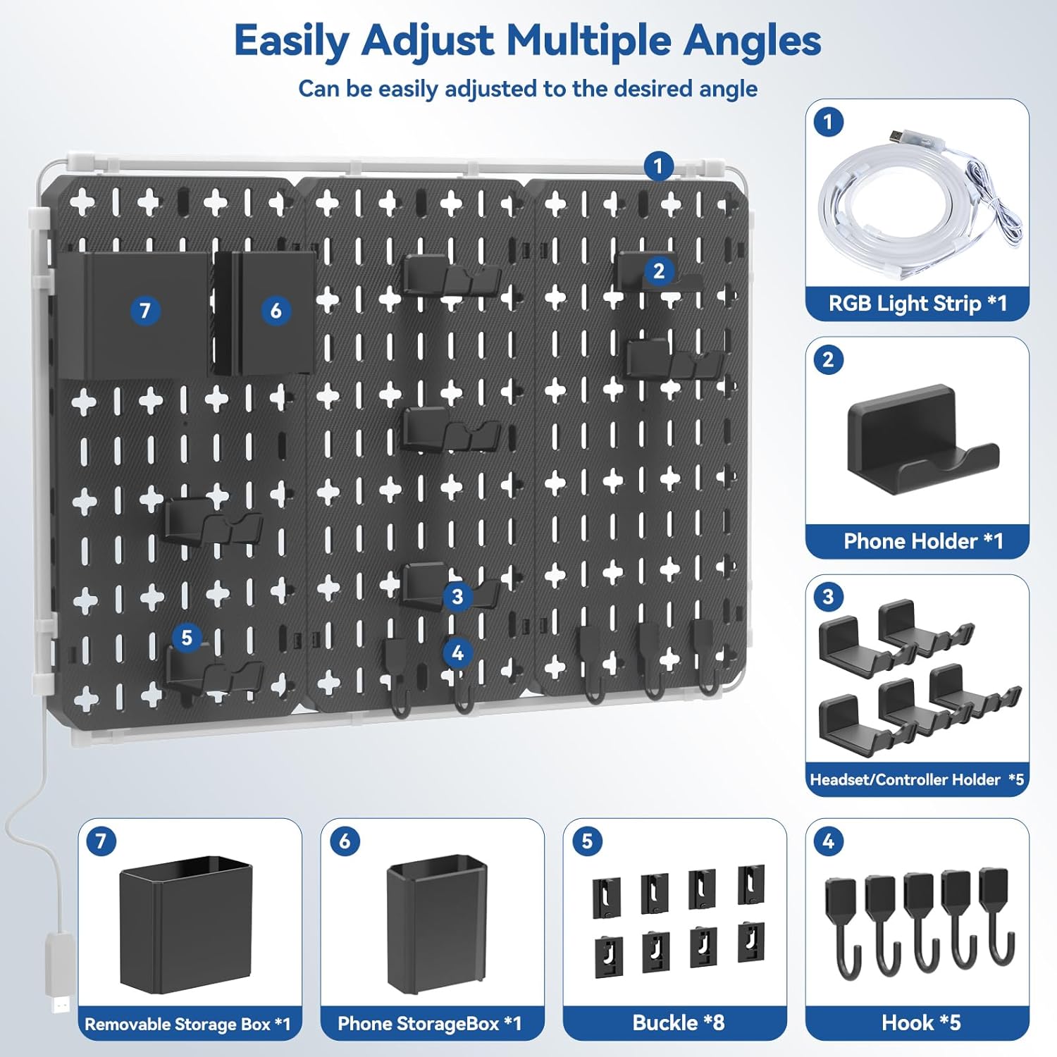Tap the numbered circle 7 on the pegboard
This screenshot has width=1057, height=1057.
pyautogui.click(x=145, y=311)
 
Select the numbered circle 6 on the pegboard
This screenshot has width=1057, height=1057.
pyautogui.click(x=276, y=311)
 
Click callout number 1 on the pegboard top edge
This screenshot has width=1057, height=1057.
pyautogui.click(x=658, y=167)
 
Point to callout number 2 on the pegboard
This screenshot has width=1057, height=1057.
pyautogui.click(x=659, y=271)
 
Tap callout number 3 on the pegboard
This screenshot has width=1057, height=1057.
pyautogui.click(x=457, y=597)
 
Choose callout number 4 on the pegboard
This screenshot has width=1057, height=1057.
pyautogui.click(x=457, y=653)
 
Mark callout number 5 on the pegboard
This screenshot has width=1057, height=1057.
pyautogui.click(x=187, y=638)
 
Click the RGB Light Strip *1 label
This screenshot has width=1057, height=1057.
pyautogui.click(x=917, y=304)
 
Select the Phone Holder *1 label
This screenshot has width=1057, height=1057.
pyautogui.click(x=922, y=541)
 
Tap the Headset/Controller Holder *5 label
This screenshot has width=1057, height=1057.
pyautogui.click(x=916, y=779)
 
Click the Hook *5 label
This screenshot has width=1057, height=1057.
pyautogui.click(x=920, y=1022)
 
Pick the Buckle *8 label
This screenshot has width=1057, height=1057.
pyautogui.click(x=678, y=1022)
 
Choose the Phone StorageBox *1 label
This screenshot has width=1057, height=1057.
pyautogui.click(x=429, y=1023)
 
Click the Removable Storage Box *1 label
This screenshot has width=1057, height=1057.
pyautogui.click(x=187, y=1024)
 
